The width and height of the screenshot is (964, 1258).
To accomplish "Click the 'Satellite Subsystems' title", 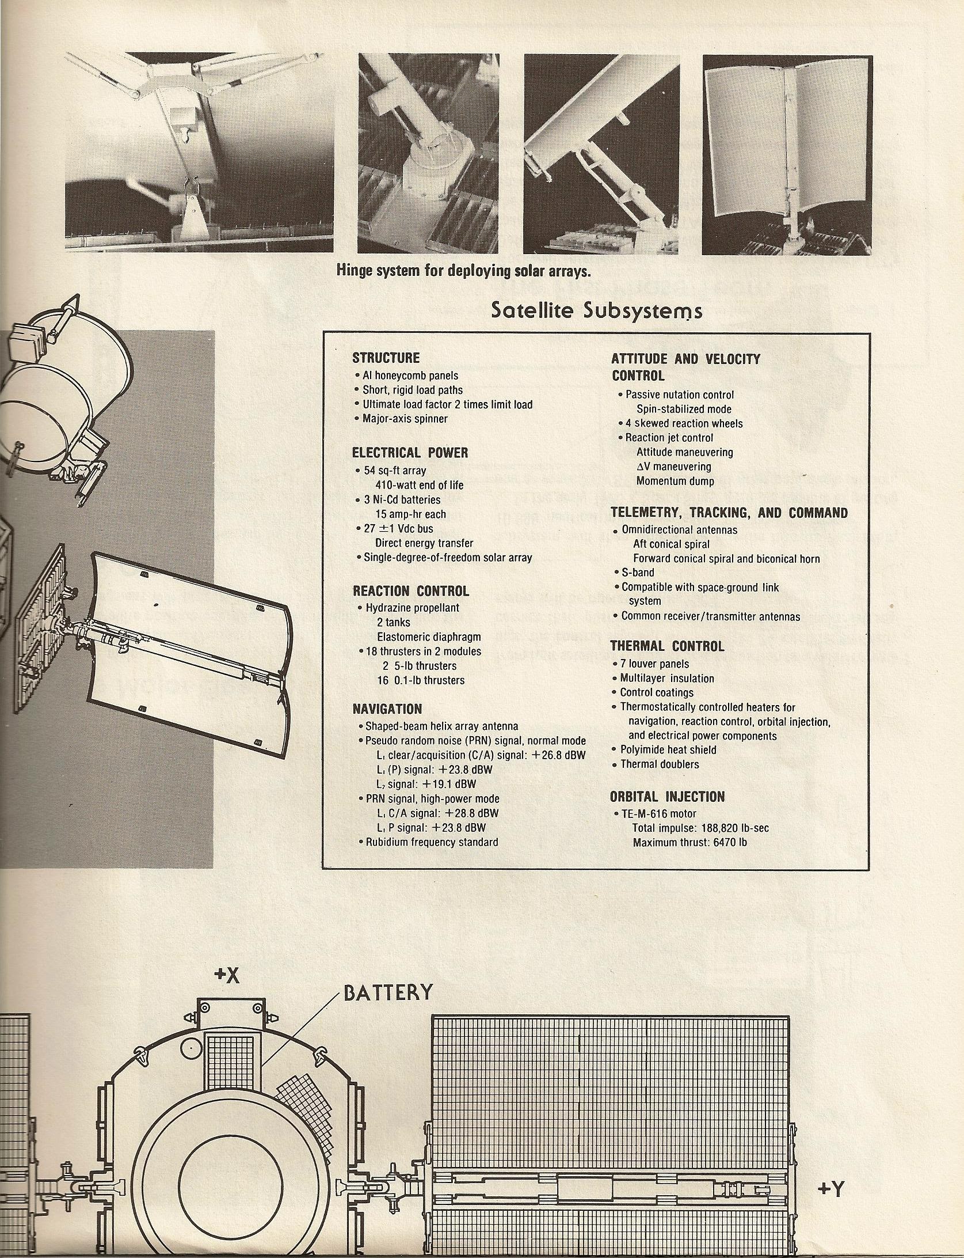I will coord(596,310).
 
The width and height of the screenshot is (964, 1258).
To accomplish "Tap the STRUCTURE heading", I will coord(386,358).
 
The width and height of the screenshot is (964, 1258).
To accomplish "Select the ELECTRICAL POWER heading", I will coord(410,453).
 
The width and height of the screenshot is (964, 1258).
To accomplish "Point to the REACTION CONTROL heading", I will coord(411,591).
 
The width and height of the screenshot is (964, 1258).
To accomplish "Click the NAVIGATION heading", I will coord(387,709).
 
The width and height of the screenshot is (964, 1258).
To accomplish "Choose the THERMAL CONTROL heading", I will coord(668,646).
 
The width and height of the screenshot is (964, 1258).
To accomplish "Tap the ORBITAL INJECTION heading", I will coord(668,797).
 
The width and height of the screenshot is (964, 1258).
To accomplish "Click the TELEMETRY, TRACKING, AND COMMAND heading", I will coord(729,513).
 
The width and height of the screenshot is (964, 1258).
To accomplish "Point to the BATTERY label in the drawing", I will coord(388,992).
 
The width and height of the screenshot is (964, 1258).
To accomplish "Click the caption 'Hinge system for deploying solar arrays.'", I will coord(464,271).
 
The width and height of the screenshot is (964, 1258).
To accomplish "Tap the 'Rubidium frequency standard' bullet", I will coord(432,842).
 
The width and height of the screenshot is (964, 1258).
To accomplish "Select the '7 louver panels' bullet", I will coord(654,664).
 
